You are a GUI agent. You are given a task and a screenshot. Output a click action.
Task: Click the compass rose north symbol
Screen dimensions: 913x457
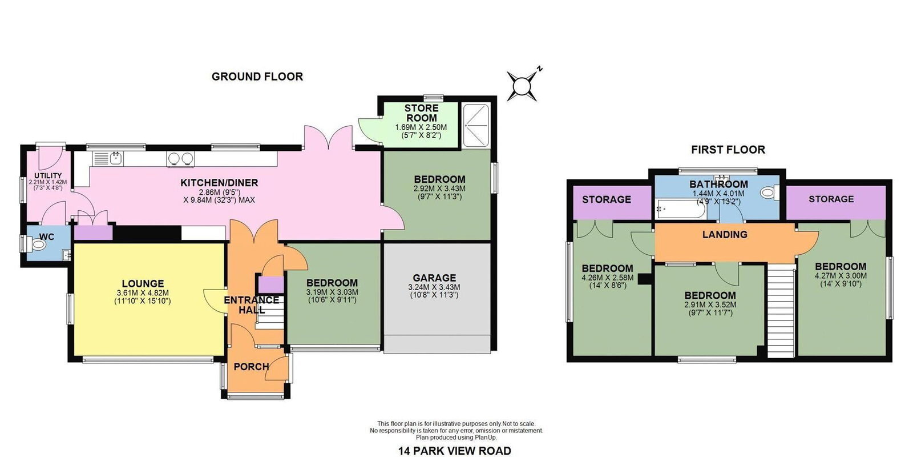[x=522, y=86]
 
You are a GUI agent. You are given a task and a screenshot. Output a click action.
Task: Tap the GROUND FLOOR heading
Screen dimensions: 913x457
[x=257, y=77]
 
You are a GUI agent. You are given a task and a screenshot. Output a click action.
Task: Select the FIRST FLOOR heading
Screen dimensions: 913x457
[x=728, y=150]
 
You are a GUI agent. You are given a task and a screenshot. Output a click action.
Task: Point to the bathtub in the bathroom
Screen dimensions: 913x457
[x=680, y=210]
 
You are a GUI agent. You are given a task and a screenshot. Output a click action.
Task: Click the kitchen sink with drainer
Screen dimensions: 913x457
[x=108, y=158]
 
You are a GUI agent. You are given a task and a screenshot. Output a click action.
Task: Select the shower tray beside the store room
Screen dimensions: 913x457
[x=476, y=125]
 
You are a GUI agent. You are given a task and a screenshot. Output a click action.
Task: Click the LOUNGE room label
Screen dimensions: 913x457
[x=143, y=283]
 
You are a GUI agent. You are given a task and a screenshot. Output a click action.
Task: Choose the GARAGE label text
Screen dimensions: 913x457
[x=434, y=278]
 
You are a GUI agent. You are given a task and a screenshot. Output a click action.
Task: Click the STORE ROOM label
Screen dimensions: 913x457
[x=422, y=113]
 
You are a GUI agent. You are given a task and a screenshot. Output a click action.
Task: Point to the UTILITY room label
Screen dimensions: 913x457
[x=48, y=176]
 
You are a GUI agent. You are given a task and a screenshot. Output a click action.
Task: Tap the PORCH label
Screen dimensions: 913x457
[x=251, y=367]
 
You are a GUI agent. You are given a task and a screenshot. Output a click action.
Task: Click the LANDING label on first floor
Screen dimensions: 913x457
[x=725, y=235]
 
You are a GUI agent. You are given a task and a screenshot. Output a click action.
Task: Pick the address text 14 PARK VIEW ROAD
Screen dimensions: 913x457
[x=454, y=451]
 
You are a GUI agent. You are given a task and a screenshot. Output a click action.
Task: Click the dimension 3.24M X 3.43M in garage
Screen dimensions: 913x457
[x=434, y=287]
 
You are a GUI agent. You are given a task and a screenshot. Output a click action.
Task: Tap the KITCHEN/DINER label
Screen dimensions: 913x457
[x=219, y=183]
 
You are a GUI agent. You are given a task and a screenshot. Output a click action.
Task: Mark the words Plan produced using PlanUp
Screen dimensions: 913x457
[x=456, y=438]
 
